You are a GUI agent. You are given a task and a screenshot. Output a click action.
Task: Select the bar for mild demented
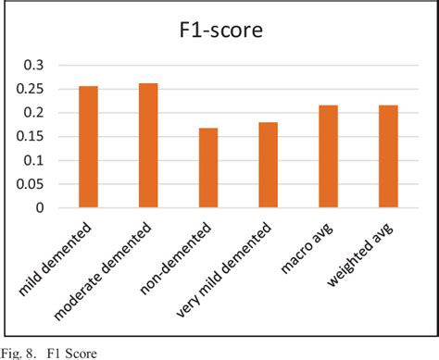click(x=88, y=147)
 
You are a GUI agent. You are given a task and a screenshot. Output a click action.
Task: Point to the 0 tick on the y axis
click(x=38, y=208)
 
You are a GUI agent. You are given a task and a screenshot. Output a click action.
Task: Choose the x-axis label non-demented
click(x=185, y=252)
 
